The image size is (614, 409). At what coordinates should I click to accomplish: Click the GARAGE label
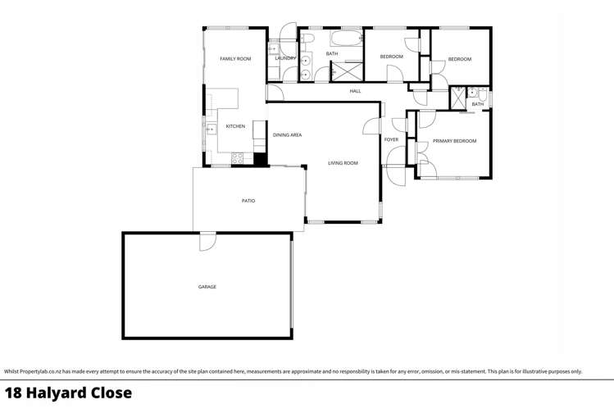pos(207,287)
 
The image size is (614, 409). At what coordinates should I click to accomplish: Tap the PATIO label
pos(248,201)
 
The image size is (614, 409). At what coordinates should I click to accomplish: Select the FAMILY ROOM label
pos(235,59)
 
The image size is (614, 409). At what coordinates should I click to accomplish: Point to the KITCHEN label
pos(235,126)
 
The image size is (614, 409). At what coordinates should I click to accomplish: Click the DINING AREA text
pos(287,134)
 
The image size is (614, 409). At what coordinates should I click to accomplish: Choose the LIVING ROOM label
pos(343,163)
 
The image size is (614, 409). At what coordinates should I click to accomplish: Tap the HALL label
pos(355,91)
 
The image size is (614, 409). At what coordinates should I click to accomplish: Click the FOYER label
pos(391,140)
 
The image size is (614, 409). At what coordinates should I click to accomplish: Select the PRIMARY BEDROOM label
pos(454,141)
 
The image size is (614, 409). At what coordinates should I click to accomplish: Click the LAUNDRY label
pos(285,58)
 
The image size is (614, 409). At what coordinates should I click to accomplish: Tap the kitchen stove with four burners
pos(239,157)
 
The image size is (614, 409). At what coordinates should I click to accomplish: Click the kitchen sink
pos(210,127)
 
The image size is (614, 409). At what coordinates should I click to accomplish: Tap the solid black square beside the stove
pos(260,160)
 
